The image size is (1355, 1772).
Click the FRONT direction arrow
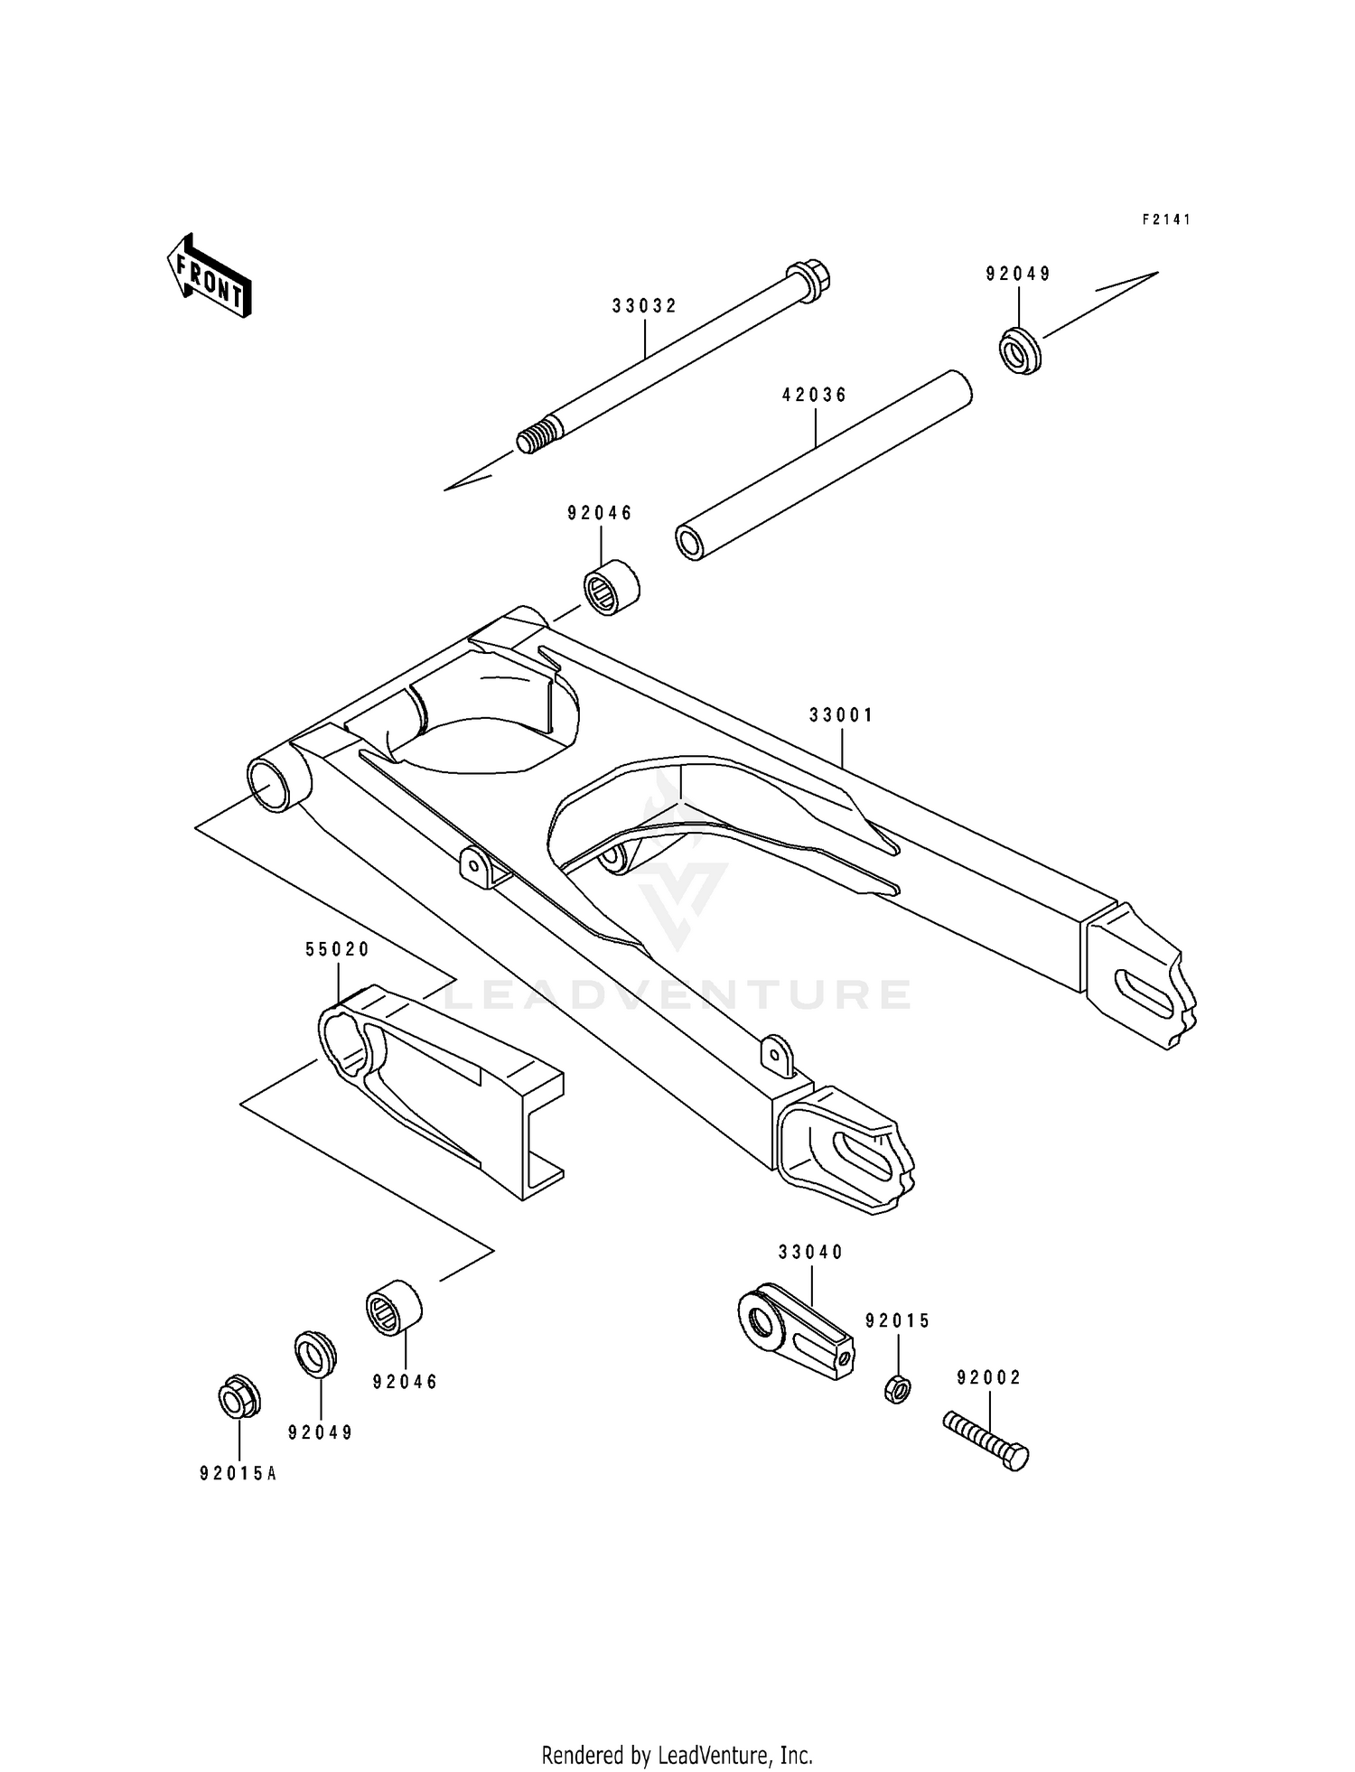(209, 275)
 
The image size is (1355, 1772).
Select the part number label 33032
(644, 306)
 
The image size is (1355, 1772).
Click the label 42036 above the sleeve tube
(814, 395)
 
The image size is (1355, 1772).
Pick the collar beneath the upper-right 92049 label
(1020, 351)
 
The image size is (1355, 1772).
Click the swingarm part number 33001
(841, 715)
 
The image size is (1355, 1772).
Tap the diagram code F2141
(1166, 219)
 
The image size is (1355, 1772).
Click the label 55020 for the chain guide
(338, 949)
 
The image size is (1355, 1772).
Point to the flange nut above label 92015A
(239, 1399)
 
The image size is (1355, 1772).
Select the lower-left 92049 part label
(321, 1432)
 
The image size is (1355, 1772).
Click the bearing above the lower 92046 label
(394, 1305)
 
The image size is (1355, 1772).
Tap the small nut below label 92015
(897, 1387)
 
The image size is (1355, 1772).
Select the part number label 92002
(989, 1378)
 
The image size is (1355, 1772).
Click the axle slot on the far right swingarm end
(1144, 989)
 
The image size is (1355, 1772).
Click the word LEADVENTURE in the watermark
(677, 994)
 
